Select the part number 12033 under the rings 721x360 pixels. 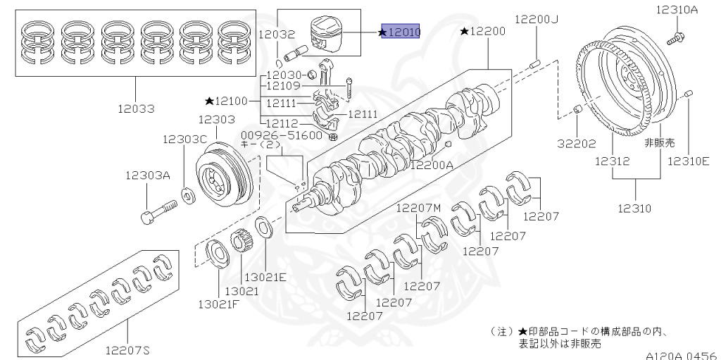(137, 108)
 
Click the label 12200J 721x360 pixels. (536, 19)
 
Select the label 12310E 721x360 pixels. (690, 161)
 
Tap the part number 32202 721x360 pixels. (577, 143)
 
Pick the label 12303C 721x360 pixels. (186, 139)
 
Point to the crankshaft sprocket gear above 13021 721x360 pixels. (241, 243)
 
